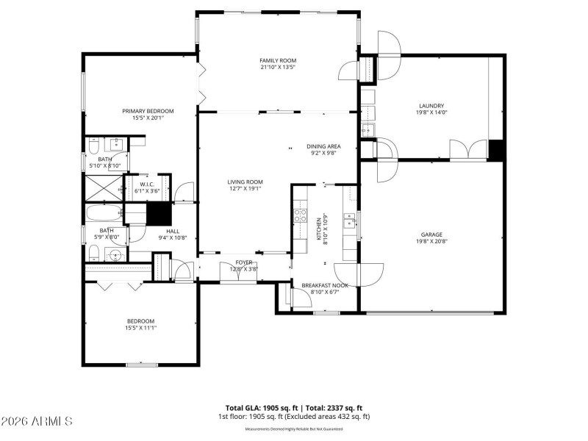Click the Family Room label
click(x=277, y=60)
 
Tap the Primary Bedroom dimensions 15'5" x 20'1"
click(x=143, y=118)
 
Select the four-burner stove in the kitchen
click(x=300, y=215)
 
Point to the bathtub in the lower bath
click(x=104, y=215)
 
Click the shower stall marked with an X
click(x=104, y=188)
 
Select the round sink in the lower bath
click(x=113, y=255)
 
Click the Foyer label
click(x=244, y=262)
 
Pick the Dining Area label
click(x=323, y=146)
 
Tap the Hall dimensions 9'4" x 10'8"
click(x=173, y=237)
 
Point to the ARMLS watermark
click(x=37, y=422)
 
